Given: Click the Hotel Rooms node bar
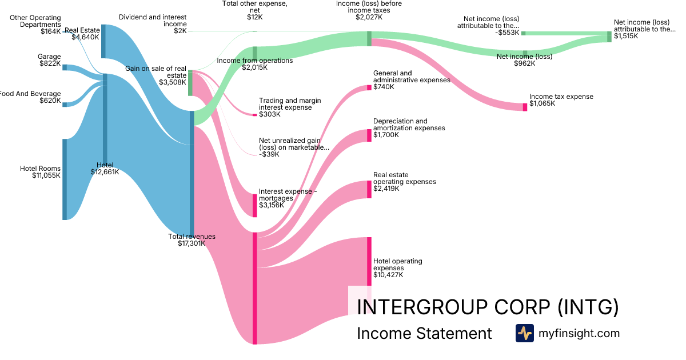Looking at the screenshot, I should click(65, 179).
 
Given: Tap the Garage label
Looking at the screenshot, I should click(49, 57).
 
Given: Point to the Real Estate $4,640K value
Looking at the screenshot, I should click(85, 37).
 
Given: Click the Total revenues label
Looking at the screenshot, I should click(192, 236).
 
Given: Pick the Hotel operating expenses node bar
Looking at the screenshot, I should click(369, 261).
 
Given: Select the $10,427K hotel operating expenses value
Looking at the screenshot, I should click(388, 275).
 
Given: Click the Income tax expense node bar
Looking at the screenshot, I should click(525, 107).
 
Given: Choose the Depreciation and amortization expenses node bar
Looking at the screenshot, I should click(369, 135).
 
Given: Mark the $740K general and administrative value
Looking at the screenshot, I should click(384, 87).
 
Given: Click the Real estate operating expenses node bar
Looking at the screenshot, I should click(369, 189).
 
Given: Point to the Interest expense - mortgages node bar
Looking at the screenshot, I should click(255, 205).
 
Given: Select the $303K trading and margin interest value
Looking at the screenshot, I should click(270, 114).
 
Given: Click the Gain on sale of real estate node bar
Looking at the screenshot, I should click(190, 82).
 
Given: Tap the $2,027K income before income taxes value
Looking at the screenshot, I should click(369, 17).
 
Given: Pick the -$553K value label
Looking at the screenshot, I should click(508, 33).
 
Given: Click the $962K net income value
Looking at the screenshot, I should click(524, 63).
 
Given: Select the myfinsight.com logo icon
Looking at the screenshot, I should click(524, 333).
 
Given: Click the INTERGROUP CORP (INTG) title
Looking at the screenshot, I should click(487, 307).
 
